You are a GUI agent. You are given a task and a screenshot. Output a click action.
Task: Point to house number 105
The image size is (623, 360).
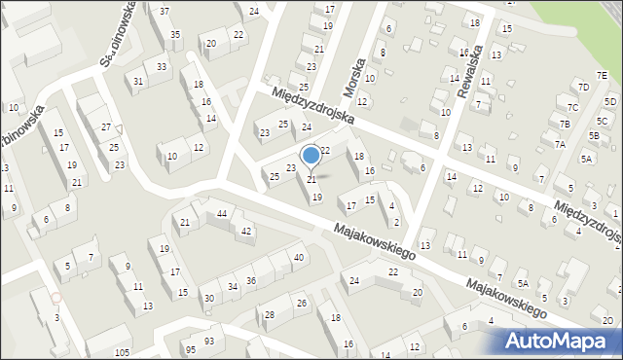[x=122, y=352]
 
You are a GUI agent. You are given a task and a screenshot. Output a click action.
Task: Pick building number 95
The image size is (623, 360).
[x=191, y=349]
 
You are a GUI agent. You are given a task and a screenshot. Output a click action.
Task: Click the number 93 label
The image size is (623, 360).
[x=209, y=341]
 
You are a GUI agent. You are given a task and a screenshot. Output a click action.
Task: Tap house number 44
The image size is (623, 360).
[x=222, y=213]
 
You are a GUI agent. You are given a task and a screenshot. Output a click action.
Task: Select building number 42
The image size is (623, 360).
[x=247, y=231]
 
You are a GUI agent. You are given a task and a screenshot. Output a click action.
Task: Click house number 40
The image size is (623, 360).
[x=298, y=257]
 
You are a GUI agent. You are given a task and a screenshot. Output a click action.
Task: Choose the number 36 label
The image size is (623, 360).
[x=251, y=281]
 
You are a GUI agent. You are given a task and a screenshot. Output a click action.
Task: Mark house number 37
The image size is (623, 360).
[x=164, y=11]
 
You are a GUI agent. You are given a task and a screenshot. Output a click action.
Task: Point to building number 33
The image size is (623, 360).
[x=162, y=66]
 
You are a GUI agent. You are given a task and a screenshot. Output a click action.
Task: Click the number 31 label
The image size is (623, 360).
[x=139, y=81]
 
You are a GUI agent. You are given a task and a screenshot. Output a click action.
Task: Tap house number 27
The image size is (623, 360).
[x=106, y=127]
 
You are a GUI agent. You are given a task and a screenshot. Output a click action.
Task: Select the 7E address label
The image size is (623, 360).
[x=602, y=75]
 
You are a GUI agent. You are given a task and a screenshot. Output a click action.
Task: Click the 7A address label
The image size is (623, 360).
[x=560, y=144]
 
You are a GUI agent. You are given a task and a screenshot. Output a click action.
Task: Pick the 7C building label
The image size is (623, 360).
[x=572, y=107]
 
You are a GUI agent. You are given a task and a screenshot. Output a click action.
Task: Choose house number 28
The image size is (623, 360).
[x=270, y=314]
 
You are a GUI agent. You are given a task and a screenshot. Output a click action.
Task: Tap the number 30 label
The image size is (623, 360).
[x=207, y=298]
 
